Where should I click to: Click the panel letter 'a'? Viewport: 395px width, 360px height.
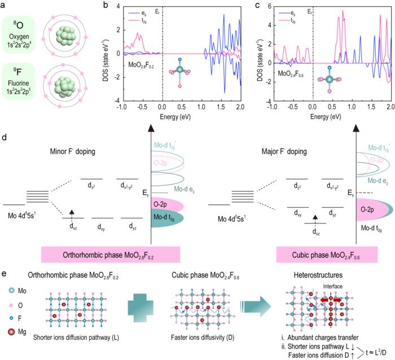pyautogui.click(x=4, y=5)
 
